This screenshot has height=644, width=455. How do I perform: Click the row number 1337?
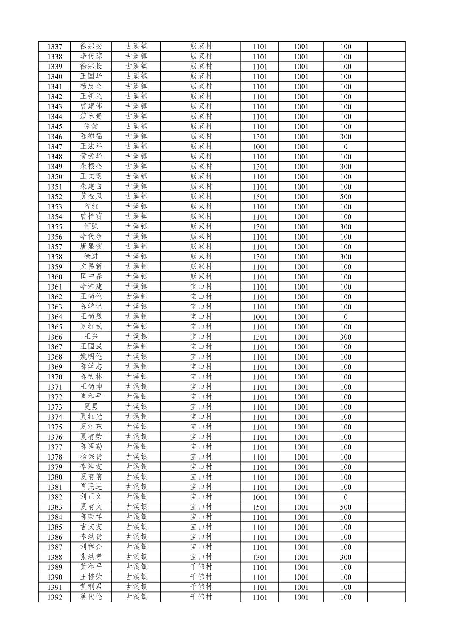[55, 47]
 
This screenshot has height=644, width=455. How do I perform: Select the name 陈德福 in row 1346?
[91, 137]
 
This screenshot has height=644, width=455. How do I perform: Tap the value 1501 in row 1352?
[259, 197]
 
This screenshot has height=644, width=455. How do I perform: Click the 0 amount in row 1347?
[345, 147]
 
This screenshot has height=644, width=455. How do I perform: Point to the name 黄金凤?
[91, 197]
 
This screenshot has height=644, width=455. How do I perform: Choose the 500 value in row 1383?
[345, 507]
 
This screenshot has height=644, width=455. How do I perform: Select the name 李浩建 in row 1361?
[91, 287]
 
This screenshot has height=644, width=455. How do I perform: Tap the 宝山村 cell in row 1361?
[201, 287]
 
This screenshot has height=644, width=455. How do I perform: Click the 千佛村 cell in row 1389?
[201, 567]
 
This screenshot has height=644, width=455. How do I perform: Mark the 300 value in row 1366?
[345, 337]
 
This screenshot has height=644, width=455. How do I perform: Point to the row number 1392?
[55, 597]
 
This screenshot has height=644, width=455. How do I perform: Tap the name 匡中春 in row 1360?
[91, 277]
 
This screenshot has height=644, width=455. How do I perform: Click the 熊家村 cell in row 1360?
[201, 277]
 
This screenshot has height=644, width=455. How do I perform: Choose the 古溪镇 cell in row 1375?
[136, 427]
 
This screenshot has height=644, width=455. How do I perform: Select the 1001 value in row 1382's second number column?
[301, 497]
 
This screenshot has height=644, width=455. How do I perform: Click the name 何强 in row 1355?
[91, 227]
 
